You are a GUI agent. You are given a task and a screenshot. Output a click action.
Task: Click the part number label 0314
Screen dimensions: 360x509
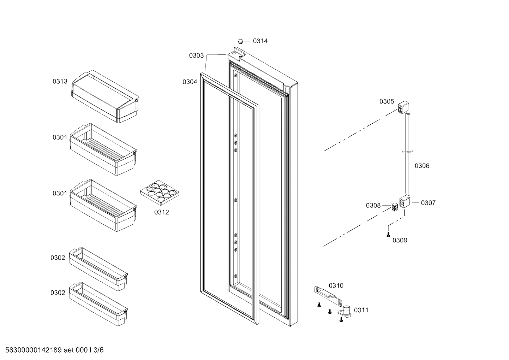(260, 41)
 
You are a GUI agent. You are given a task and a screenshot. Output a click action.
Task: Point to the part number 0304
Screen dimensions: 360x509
(190, 82)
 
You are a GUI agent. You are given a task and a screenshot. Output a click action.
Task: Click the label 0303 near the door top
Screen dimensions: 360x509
(196, 55)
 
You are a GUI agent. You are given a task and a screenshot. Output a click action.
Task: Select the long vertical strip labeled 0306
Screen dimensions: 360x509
(408, 154)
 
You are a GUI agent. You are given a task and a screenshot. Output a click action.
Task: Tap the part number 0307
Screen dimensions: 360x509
(428, 203)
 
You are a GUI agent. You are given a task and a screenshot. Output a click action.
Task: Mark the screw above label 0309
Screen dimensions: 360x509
(388, 234)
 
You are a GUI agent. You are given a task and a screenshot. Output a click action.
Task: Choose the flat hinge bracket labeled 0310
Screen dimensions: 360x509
(328, 295)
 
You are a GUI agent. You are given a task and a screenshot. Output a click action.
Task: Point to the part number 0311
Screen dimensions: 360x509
(361, 310)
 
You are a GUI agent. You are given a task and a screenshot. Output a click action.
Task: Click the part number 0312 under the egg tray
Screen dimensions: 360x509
(161, 212)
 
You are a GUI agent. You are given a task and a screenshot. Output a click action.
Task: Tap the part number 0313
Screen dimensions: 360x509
(60, 82)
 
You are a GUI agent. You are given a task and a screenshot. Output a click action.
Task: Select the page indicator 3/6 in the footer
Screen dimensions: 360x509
(99, 350)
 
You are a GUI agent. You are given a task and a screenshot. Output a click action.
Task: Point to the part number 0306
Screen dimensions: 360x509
(422, 166)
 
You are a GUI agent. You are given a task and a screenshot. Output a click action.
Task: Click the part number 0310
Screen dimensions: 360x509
(336, 285)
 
